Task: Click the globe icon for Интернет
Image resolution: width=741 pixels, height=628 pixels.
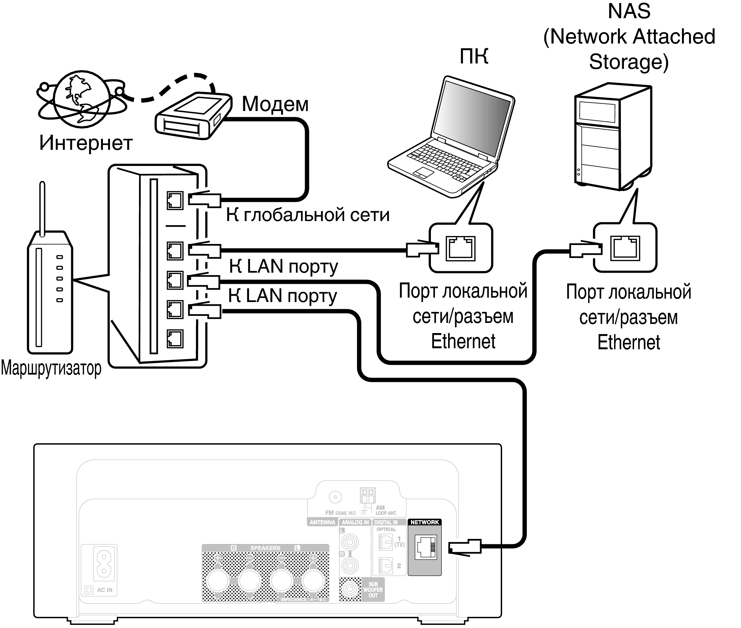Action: click(82, 99)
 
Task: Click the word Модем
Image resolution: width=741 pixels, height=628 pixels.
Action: click(275, 104)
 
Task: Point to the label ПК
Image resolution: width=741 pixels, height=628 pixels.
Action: click(474, 56)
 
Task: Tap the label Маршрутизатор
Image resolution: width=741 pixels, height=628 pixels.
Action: click(51, 368)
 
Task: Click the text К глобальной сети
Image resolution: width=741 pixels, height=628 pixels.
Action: click(307, 215)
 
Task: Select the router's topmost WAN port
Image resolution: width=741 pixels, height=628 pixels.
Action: click(175, 200)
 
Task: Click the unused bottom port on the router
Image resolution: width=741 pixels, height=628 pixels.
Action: click(175, 338)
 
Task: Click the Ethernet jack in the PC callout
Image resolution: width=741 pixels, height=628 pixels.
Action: click(461, 248)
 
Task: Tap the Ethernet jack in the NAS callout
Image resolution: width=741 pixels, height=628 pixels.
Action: click(625, 248)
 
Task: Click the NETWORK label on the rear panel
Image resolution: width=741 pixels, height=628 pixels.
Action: click(424, 522)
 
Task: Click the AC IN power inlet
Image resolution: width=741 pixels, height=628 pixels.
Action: click(104, 564)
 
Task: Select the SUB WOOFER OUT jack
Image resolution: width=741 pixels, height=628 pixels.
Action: click(350, 590)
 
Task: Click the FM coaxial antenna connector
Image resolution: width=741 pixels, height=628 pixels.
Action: click(335, 497)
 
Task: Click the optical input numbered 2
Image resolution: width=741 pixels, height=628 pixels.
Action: click(385, 565)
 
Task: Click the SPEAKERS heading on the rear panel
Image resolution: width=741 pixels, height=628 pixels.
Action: click(265, 548)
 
